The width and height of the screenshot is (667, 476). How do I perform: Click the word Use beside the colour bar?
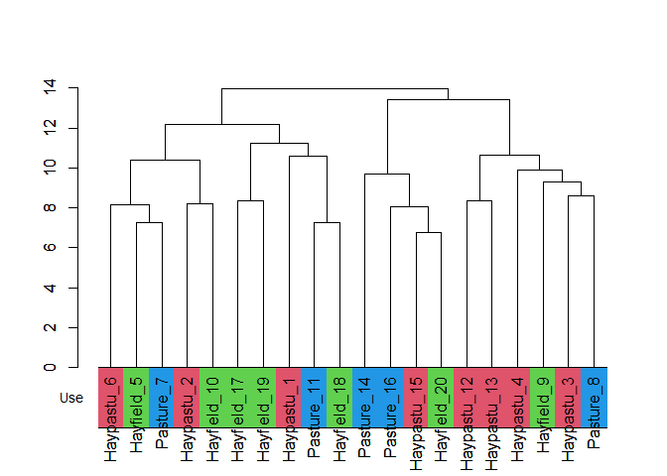click(71, 398)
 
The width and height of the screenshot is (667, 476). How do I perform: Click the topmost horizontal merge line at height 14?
click(334, 88)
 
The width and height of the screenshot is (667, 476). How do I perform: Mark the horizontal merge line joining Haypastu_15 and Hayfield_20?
click(429, 232)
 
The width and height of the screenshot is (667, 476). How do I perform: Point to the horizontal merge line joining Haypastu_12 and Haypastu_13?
click(479, 200)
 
